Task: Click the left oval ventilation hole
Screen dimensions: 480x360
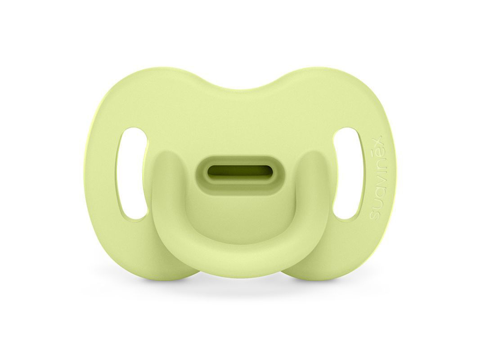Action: [132, 174]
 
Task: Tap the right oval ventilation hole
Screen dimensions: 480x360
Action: [348, 174]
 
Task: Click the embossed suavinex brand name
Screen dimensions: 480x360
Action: [376, 178]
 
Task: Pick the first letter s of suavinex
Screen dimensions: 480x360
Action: [376, 216]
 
